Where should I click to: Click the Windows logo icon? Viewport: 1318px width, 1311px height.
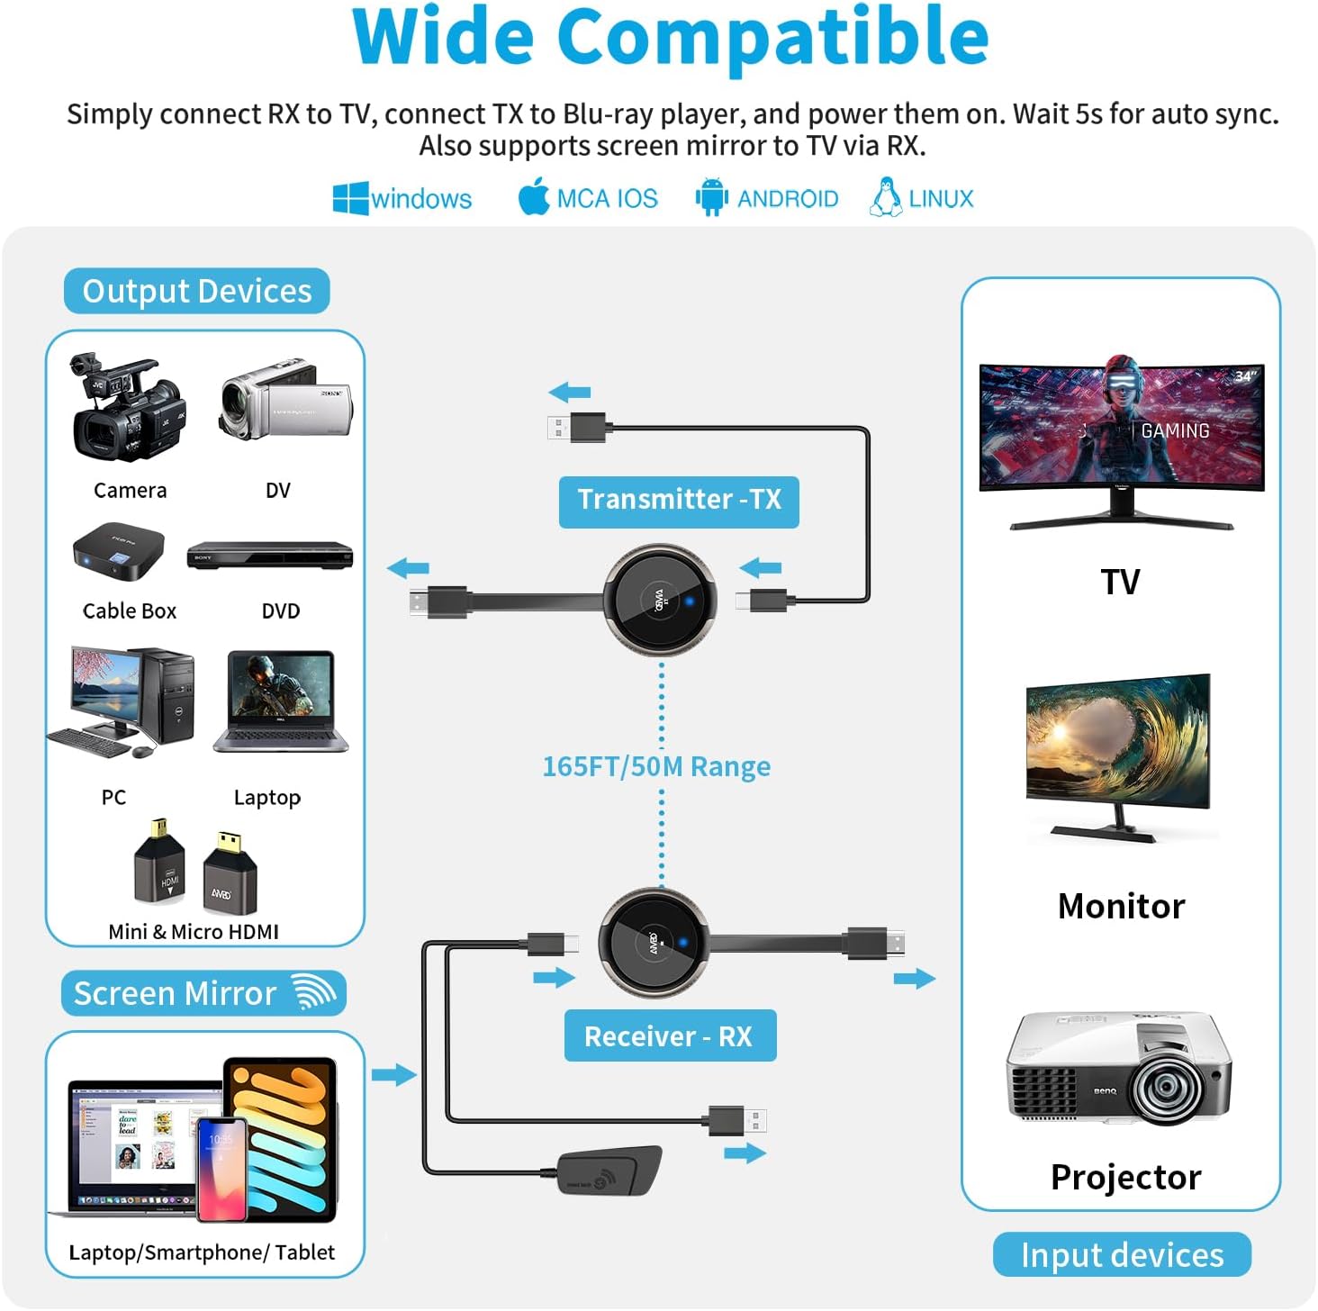point(350,198)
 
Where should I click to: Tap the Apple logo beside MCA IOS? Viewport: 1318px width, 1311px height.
point(534,196)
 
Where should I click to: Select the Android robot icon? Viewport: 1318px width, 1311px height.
point(711,197)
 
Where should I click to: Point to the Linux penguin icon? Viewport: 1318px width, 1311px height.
point(886,196)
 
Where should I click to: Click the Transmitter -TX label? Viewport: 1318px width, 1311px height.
point(679,501)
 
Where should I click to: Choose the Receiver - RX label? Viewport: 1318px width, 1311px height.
point(669,1036)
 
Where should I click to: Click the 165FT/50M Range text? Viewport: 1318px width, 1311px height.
point(656,766)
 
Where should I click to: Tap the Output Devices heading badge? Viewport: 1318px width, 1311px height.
point(196,291)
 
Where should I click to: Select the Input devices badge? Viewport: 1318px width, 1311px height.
point(1122,1254)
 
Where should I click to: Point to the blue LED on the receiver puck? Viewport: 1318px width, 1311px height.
point(682,943)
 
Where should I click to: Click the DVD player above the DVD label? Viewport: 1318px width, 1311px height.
point(269,556)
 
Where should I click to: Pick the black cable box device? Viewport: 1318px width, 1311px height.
point(119,552)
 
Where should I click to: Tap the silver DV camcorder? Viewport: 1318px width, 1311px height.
point(285,399)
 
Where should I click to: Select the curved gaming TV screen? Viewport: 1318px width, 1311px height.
point(1122,428)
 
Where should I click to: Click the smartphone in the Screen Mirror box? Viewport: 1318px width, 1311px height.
point(221,1168)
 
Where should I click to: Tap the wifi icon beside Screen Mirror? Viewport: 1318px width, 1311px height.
point(315,992)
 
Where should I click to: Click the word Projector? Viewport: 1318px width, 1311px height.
point(1125,1177)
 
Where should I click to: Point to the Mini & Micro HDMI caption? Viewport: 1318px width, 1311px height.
point(194,932)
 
